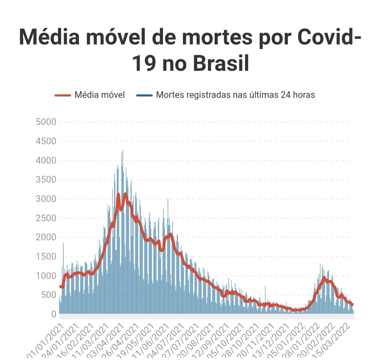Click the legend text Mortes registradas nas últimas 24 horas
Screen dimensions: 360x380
(235, 95)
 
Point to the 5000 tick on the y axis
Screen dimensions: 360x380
(46, 122)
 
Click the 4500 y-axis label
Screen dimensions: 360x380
(46, 141)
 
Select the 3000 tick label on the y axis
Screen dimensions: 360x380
(46, 199)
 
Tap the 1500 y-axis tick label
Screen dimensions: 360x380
(46, 257)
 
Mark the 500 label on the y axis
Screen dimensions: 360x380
(49, 295)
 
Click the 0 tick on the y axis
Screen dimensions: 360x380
(54, 314)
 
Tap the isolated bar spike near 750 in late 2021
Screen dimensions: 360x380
(265, 287)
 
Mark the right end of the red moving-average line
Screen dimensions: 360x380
(352, 304)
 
